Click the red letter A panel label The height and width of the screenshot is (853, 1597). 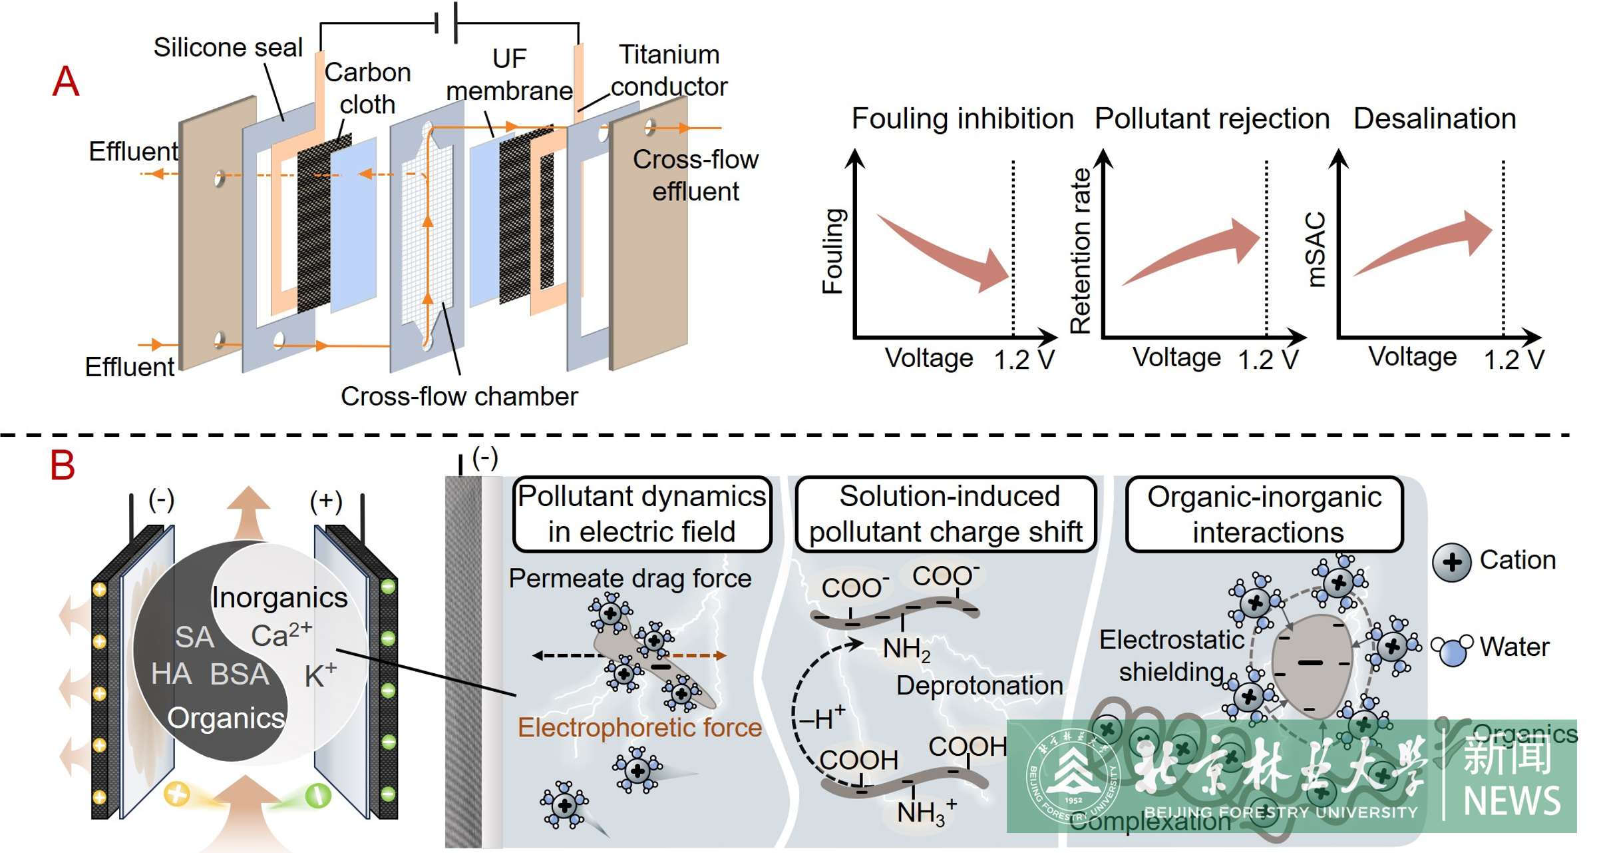[x=66, y=82]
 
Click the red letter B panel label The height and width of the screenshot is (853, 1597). [x=63, y=465]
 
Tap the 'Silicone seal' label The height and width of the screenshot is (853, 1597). [x=228, y=47]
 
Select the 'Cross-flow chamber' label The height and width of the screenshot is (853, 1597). [x=459, y=396]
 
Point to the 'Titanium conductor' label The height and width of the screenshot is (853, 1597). [x=669, y=71]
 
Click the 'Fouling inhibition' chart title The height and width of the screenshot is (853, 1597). [x=962, y=119]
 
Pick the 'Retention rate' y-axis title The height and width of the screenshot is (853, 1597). [x=1081, y=250]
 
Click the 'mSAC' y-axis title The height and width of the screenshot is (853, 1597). [x=1316, y=249]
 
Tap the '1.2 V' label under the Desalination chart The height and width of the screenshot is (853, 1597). [x=1513, y=360]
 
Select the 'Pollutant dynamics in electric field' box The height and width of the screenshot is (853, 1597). [x=642, y=514]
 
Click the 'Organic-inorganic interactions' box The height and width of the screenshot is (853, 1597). [x=1264, y=514]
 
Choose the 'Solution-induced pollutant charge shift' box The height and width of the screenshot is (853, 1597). [x=946, y=514]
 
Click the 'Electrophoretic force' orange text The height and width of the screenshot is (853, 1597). [x=639, y=727]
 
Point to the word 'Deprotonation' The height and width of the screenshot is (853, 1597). [x=979, y=685]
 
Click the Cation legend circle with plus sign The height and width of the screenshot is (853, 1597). [x=1451, y=562]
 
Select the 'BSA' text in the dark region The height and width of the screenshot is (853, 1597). [x=240, y=675]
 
